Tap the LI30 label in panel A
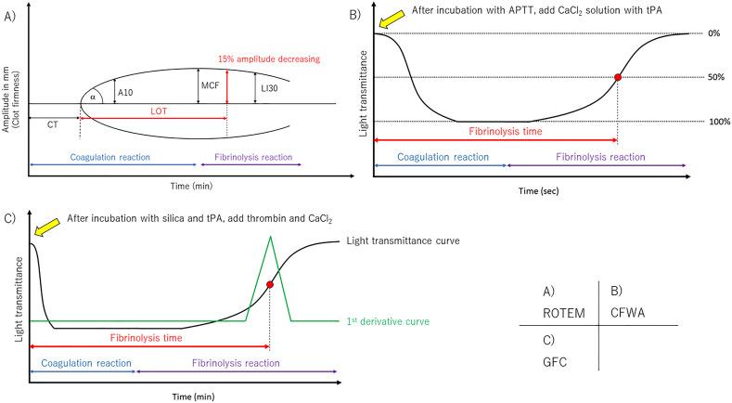tap(269, 91)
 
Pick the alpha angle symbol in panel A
tap(93, 97)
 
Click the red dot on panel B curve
tap(618, 77)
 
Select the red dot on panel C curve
tap(270, 284)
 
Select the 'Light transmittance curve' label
tap(405, 240)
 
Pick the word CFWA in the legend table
tap(630, 311)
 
